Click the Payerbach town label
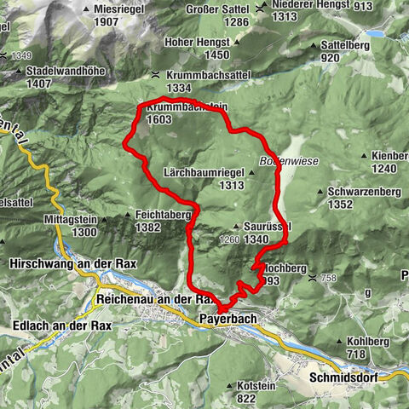click(x=228, y=319)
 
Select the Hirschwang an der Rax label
click(x=55, y=265)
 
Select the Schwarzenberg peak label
click(x=352, y=193)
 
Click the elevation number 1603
click(x=159, y=120)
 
